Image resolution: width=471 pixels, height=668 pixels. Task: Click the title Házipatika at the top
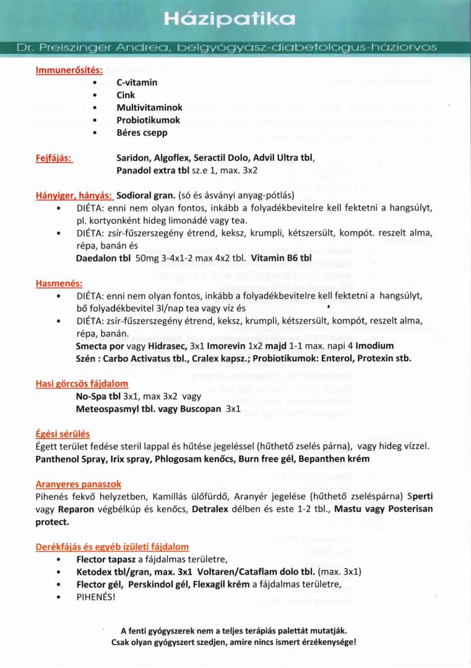coord(230,20)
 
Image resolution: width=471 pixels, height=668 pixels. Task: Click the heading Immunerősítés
coord(69,70)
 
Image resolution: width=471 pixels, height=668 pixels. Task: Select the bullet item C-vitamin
coord(137,82)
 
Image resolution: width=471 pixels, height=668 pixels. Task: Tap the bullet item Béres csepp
coord(142,133)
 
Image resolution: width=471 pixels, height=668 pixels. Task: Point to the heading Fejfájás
coord(54,158)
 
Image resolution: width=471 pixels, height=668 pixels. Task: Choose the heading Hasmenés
coord(59,283)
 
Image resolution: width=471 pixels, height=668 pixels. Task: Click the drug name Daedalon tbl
coord(103,257)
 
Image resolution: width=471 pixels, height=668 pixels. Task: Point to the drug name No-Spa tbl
coord(99,396)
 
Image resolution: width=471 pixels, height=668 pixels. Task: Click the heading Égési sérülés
coord(63,434)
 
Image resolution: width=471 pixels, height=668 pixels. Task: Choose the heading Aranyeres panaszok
coord(78,484)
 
